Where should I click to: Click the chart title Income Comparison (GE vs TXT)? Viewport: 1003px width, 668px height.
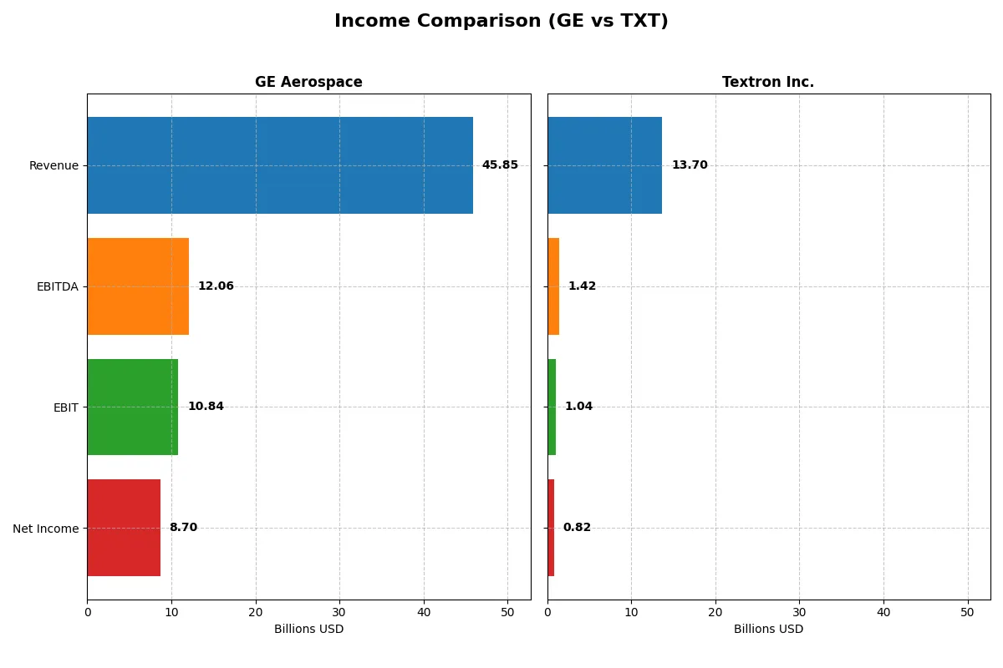pos(501,22)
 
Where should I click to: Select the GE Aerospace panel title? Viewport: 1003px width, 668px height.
pos(308,82)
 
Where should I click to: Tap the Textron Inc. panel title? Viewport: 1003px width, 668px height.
pos(767,82)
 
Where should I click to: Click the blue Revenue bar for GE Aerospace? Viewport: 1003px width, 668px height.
pos(280,165)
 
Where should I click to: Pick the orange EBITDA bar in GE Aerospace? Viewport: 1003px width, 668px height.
pos(138,286)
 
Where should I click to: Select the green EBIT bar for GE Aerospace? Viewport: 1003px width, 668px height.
pos(132,407)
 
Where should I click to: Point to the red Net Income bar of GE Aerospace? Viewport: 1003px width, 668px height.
pos(124,528)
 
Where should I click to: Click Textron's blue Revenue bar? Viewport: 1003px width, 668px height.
pos(604,165)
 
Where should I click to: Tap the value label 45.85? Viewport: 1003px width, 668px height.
pos(500,165)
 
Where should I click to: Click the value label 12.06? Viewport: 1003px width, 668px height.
pos(216,286)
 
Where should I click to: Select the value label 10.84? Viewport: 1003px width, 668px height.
pos(206,407)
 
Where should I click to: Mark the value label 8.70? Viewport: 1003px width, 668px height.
pos(183,528)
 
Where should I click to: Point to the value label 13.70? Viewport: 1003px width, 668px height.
pos(690,165)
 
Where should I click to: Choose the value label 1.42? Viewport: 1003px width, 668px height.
pos(582,286)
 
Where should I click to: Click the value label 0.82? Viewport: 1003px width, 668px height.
pos(577,528)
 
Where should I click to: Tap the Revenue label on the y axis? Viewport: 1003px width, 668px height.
pos(53,165)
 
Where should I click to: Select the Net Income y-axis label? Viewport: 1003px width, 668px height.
pos(46,529)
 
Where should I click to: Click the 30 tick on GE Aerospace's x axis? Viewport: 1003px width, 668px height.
pos(339,612)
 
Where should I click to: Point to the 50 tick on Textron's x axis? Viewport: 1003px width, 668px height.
pos(967,612)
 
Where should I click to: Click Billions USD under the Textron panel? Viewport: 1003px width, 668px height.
pos(768,630)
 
